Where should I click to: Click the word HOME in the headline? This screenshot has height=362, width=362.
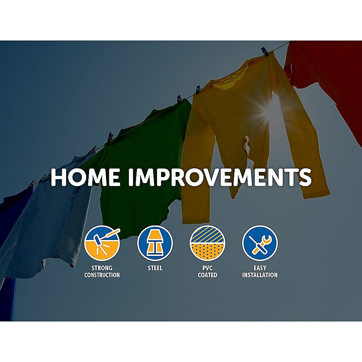(85, 177)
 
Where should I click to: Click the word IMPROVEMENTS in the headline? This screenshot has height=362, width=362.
(220, 177)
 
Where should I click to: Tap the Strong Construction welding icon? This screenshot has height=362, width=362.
(102, 243)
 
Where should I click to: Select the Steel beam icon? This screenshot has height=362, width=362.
(155, 243)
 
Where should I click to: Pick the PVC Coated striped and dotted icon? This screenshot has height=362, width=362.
(207, 243)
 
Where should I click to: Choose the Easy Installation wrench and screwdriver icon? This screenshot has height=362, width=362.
(260, 243)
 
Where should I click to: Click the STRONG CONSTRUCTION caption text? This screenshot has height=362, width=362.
(102, 271)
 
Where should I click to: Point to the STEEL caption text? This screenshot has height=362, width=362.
(155, 268)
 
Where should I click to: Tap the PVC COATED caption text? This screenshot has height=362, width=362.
(207, 271)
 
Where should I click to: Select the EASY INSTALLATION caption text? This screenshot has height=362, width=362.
(260, 271)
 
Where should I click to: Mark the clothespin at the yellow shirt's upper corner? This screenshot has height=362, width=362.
(265, 52)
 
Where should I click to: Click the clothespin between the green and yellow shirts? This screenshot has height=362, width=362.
(198, 90)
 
